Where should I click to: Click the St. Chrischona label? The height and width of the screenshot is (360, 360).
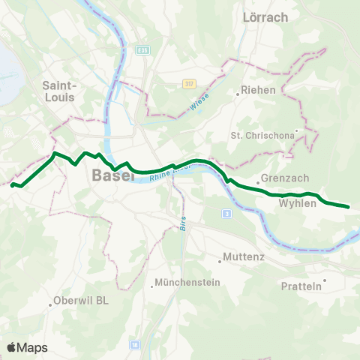coord(262,136)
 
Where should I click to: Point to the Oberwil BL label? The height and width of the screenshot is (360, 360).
coord(82,303)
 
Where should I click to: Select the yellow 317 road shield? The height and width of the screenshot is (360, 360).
coord(189,83)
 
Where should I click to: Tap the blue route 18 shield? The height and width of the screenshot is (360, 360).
coord(134,344)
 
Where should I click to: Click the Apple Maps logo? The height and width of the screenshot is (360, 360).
coord(27,347)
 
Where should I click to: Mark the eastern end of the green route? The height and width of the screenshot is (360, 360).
coord(349,206)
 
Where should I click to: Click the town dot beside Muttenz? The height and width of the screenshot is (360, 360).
coord(220,262)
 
